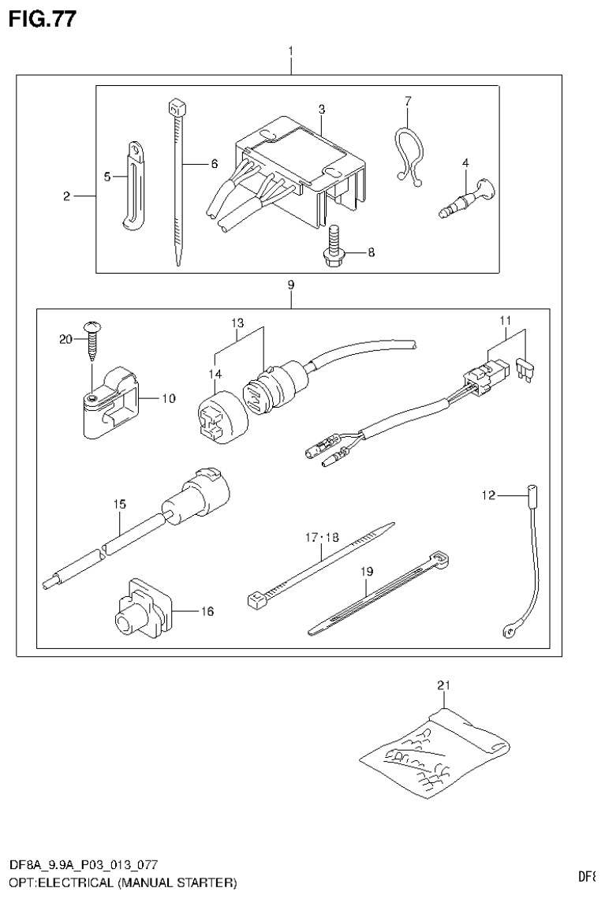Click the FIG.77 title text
(x=43, y=19)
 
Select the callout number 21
(x=443, y=687)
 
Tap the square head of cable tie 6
(x=175, y=106)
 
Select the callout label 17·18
(x=321, y=538)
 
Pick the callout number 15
(x=118, y=502)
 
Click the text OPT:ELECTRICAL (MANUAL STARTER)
(x=122, y=880)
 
